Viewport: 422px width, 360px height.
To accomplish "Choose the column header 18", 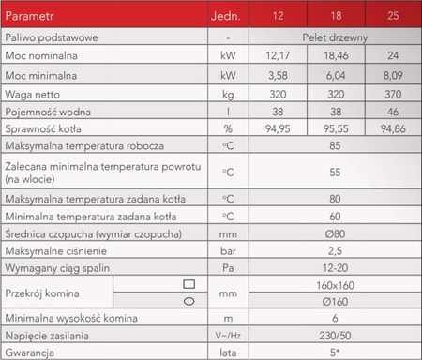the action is click(335, 16).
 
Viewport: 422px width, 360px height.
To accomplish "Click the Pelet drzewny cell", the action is click(335, 37).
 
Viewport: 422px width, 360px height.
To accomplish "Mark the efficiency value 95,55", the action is click(335, 126).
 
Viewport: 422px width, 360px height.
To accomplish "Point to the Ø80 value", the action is click(335, 232).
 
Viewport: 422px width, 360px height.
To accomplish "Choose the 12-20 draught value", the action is click(335, 267).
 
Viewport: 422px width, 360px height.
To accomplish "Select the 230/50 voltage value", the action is click(335, 335).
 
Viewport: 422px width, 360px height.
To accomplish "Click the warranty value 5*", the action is click(335, 352).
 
